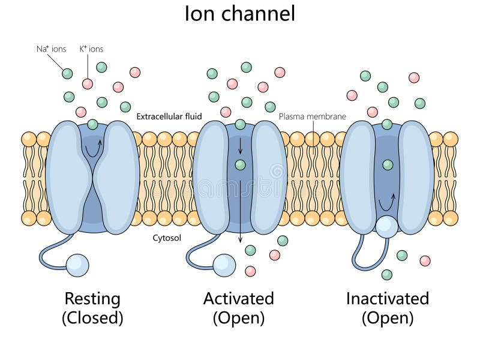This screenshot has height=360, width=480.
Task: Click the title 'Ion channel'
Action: pyautogui.click(x=240, y=13)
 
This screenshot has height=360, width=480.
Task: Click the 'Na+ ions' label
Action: pyautogui.click(x=51, y=49)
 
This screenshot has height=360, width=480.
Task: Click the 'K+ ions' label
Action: pyautogui.click(x=91, y=49)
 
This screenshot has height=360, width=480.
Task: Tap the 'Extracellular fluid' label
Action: pyautogui.click(x=169, y=116)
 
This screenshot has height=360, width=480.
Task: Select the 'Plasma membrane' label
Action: pyautogui.click(x=312, y=116)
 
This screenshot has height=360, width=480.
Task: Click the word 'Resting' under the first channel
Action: pyautogui.click(x=92, y=298)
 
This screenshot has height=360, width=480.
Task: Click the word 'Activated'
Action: pyautogui.click(x=238, y=298)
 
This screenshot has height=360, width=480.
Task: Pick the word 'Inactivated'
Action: pyautogui.click(x=387, y=298)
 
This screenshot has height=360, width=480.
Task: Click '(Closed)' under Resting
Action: pyautogui.click(x=92, y=318)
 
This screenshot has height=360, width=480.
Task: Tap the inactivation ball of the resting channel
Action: pyautogui.click(x=77, y=265)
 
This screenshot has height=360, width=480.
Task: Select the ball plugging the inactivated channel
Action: pyautogui.click(x=386, y=226)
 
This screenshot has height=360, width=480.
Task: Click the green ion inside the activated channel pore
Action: pyautogui.click(x=240, y=164)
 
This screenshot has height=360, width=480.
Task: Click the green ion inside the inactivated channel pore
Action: pyautogui.click(x=388, y=164)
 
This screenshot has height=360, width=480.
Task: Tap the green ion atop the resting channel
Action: pyautogui.click(x=92, y=125)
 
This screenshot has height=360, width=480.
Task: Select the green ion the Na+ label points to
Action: pyautogui.click(x=67, y=73)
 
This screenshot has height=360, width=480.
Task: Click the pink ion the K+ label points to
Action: pyautogui.click(x=88, y=83)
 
